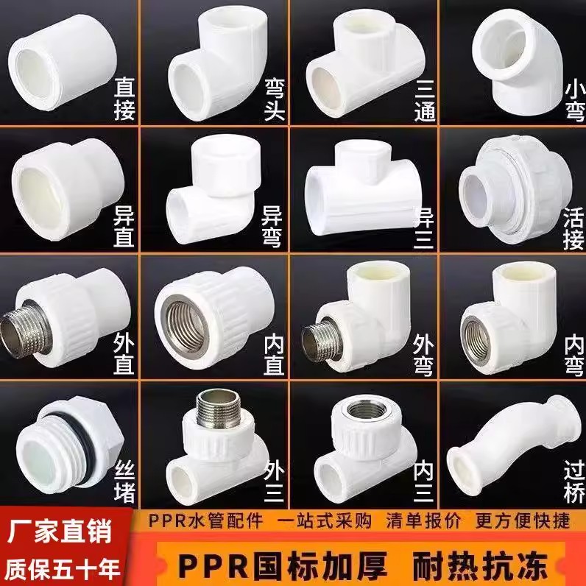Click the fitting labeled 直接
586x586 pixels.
coord(59,59)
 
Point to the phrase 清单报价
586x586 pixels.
coord(420,521)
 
